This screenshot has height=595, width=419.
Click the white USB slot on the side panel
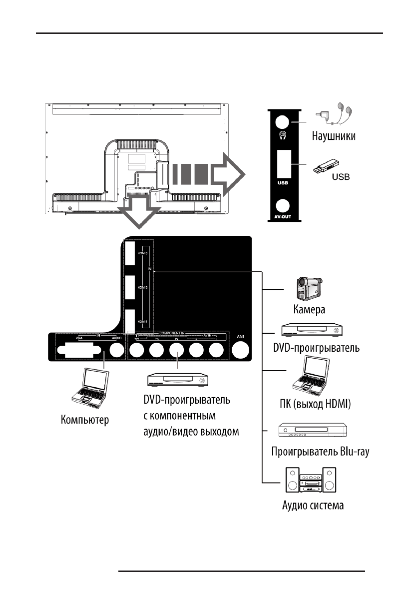[x=283, y=163]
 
